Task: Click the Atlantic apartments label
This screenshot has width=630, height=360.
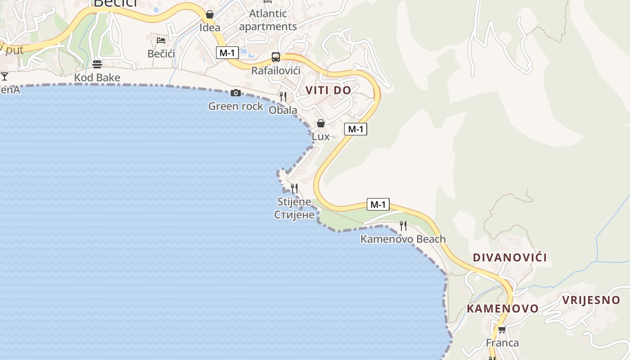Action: tap(268, 20)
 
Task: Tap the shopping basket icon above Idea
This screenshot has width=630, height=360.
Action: tap(210, 14)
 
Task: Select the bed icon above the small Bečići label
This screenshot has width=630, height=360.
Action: tap(161, 40)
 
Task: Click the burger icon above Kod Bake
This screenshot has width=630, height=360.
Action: tap(97, 64)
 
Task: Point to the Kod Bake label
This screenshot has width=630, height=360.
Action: tap(97, 77)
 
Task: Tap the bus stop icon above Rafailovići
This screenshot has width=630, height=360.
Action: tap(276, 57)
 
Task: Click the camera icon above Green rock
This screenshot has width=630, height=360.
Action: tap(236, 93)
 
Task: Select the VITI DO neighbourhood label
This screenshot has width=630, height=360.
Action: tap(328, 90)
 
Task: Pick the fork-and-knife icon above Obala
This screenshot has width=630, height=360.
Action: tap(283, 96)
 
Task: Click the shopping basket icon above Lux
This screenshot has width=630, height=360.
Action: tap(321, 123)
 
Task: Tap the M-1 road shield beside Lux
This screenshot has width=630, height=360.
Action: tap(355, 129)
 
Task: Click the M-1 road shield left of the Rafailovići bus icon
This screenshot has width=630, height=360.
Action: tap(227, 53)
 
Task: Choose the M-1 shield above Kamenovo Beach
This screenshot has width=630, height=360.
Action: tap(378, 204)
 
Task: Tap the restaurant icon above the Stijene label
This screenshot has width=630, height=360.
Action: tap(294, 188)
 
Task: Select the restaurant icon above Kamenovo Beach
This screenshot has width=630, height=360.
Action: tap(403, 225)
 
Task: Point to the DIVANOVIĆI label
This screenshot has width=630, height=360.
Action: tap(510, 257)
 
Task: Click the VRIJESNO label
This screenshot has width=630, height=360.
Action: tap(591, 300)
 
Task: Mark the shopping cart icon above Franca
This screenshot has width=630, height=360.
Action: tap(502, 330)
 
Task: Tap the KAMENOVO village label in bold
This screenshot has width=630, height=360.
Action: tap(503, 308)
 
